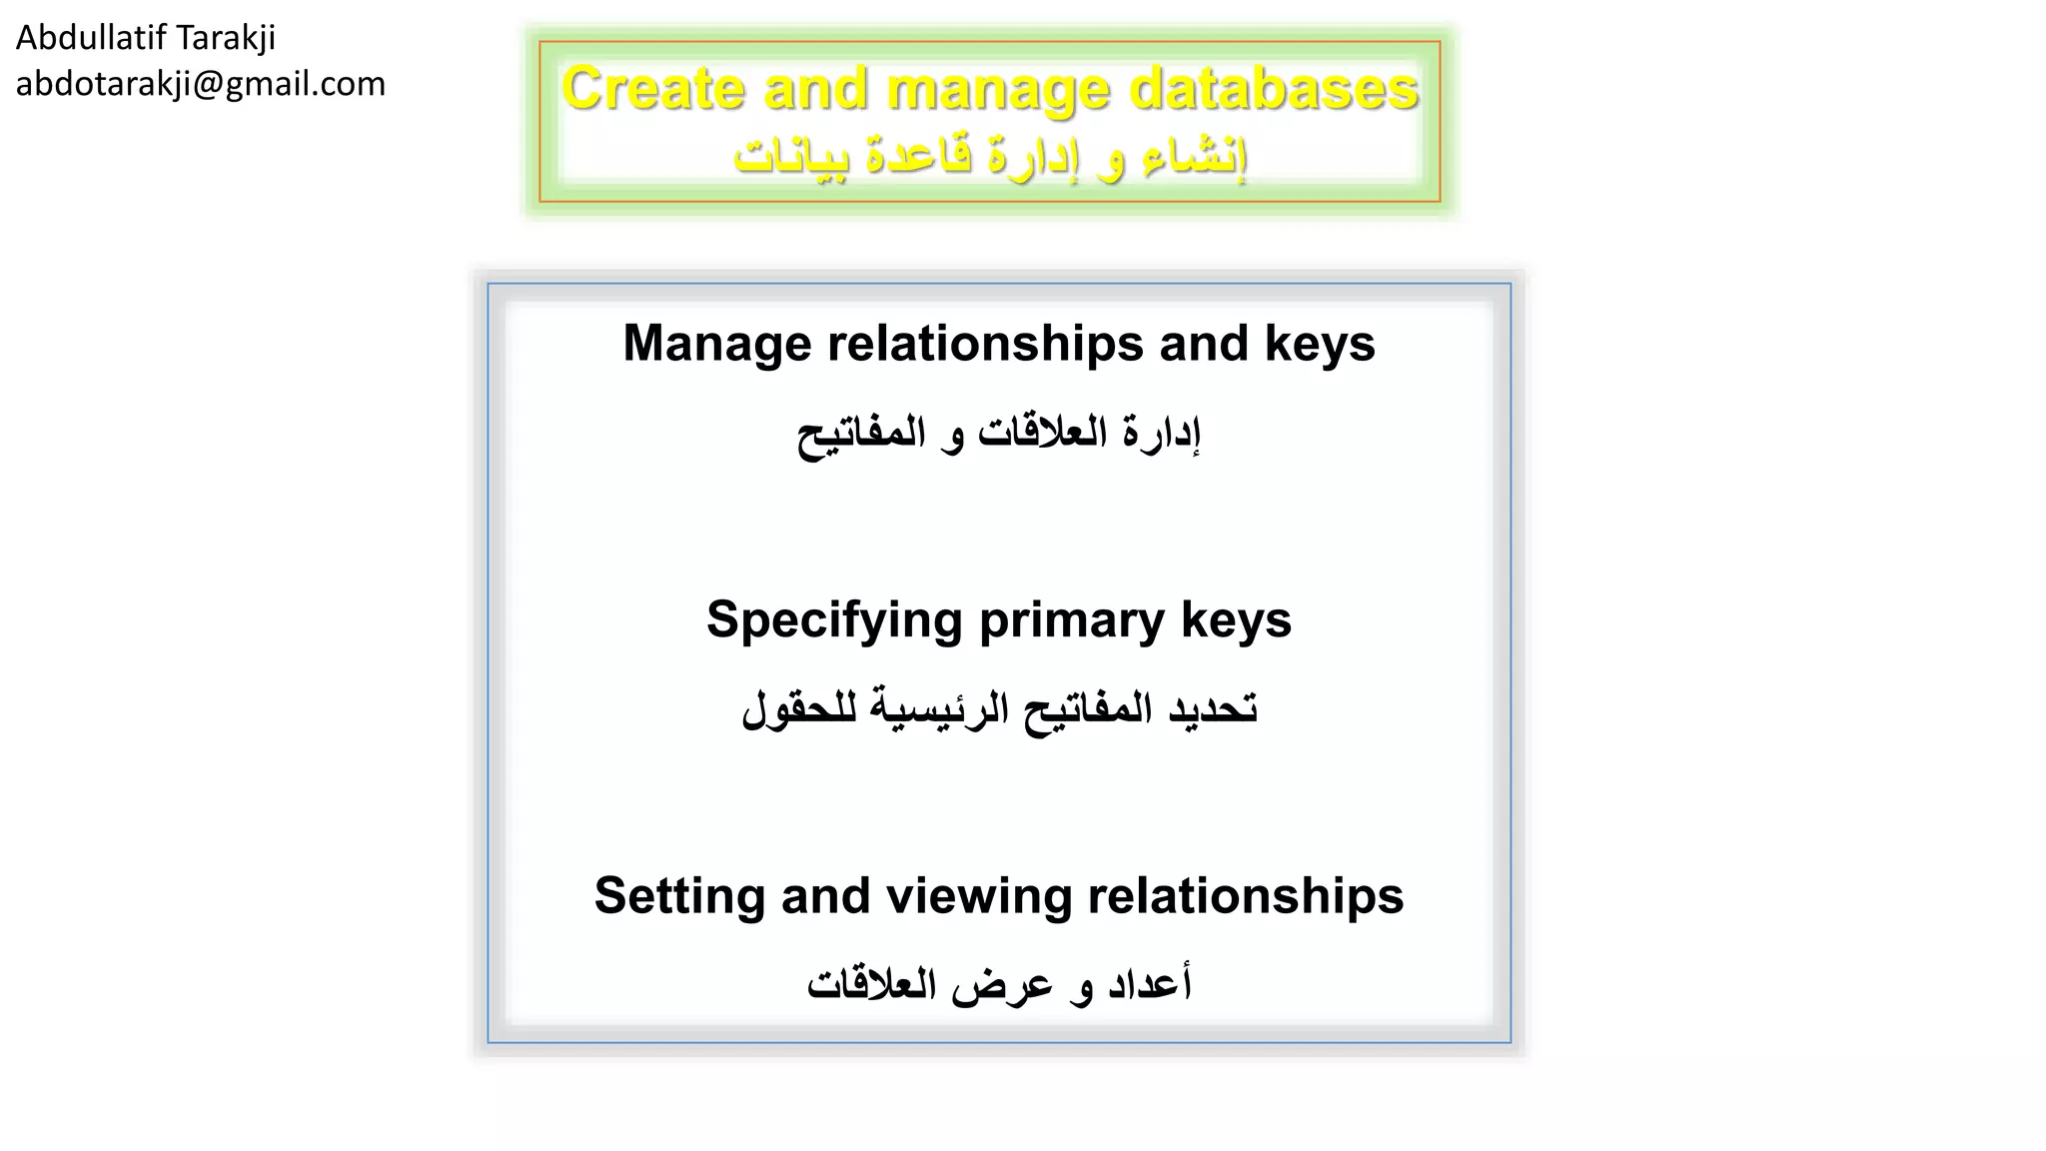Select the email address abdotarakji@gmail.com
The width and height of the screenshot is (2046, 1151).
click(200, 84)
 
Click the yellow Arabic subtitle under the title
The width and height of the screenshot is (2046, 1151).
click(990, 157)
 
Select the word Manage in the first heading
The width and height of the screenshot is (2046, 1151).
click(717, 344)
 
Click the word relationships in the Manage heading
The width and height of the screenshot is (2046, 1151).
click(985, 344)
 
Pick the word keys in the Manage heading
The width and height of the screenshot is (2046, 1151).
click(1320, 344)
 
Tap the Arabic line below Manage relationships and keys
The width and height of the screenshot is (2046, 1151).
click(998, 435)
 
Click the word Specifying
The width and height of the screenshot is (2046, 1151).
click(834, 619)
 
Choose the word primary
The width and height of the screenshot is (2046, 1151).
click(1071, 619)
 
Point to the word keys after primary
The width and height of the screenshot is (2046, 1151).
click(1236, 619)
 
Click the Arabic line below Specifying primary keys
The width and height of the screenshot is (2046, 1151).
click(998, 710)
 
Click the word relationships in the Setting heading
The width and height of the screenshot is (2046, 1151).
click(1245, 895)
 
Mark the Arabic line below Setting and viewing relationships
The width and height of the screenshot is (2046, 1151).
click(998, 985)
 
